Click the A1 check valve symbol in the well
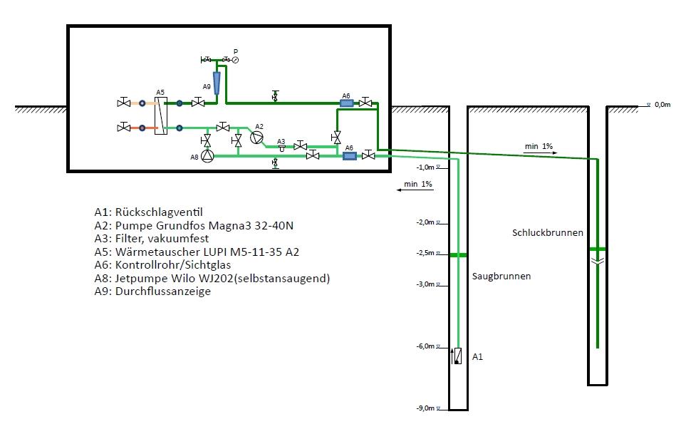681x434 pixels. click(457, 356)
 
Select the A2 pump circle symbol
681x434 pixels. click(256, 138)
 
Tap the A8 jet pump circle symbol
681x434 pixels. click(207, 155)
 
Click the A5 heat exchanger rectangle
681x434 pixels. click(161, 115)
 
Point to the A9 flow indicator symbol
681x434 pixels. click(217, 83)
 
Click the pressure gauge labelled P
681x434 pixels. click(235, 60)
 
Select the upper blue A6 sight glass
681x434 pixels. click(346, 103)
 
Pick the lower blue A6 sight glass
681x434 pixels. click(350, 155)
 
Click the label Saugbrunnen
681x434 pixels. click(501, 277)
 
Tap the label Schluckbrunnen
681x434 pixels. click(548, 232)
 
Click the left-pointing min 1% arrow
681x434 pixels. click(415, 190)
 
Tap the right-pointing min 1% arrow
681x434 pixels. click(540, 153)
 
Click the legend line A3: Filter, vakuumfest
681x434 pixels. click(152, 239)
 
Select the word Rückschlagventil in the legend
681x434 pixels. click(159, 212)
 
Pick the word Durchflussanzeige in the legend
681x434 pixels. click(163, 291)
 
